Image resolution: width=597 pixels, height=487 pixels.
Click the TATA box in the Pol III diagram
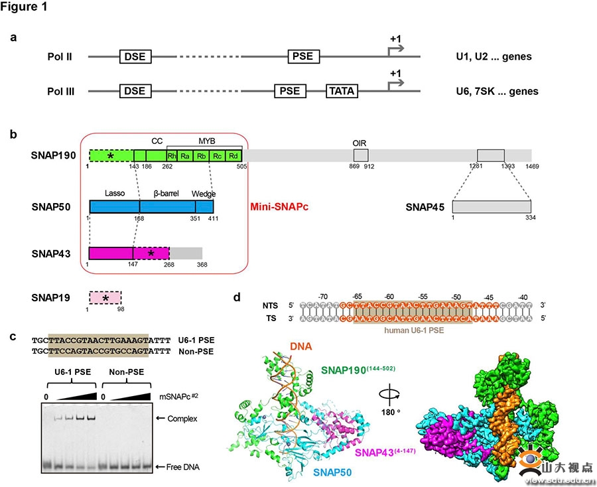pyautogui.click(x=342, y=91)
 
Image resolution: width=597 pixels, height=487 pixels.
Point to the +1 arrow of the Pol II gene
pyautogui.click(x=396, y=43)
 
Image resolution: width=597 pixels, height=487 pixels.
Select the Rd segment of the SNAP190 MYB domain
pyautogui.click(x=233, y=156)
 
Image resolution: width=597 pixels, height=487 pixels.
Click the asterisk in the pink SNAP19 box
pyautogui.click(x=105, y=298)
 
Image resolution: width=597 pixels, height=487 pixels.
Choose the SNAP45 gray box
pyautogui.click(x=492, y=207)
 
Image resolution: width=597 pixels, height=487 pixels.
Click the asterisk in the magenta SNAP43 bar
pyautogui.click(x=151, y=253)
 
